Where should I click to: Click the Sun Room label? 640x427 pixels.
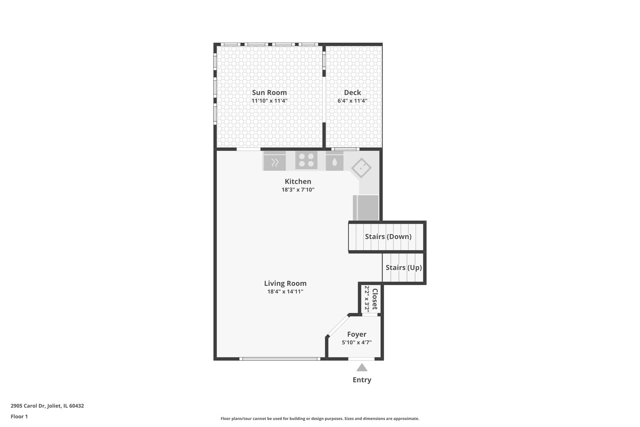(269, 93)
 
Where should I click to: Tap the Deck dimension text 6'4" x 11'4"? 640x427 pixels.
(352, 101)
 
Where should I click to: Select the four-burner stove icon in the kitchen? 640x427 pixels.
(306, 160)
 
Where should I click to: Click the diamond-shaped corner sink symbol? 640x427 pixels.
(361, 168)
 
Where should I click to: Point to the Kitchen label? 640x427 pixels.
(298, 181)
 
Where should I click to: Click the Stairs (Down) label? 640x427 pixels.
(388, 236)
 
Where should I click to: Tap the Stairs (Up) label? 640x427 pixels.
(403, 267)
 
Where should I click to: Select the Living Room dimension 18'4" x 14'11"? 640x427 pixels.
(285, 291)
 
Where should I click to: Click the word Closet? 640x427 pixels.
(375, 299)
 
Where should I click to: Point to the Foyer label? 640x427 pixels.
(357, 334)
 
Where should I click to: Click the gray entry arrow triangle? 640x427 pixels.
(362, 367)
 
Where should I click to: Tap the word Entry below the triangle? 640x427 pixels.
(362, 380)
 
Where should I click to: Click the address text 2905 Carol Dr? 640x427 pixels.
(28, 406)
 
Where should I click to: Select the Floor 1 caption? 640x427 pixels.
(19, 416)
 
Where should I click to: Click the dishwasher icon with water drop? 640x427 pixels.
(334, 161)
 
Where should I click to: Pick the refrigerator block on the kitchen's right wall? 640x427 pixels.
(366, 208)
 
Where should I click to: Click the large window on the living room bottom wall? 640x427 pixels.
(280, 359)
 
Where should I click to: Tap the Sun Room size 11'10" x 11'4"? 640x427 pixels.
(269, 101)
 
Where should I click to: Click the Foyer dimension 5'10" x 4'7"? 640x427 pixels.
(357, 342)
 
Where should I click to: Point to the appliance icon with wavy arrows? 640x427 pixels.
(274, 161)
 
